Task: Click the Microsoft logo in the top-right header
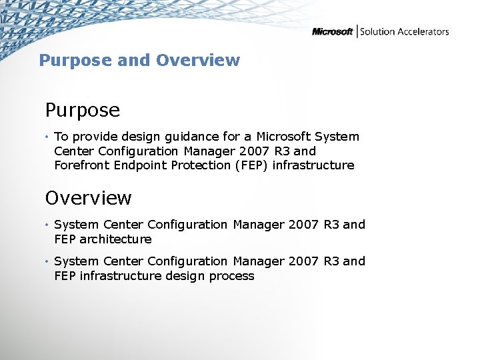(333, 31)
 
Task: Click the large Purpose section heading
(83, 109)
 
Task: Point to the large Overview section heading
(89, 198)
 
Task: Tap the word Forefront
(83, 165)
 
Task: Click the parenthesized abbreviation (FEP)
(251, 165)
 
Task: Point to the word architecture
(116, 239)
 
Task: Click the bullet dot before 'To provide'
(47, 137)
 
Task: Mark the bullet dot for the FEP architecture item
(47, 225)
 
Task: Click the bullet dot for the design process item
(47, 262)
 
